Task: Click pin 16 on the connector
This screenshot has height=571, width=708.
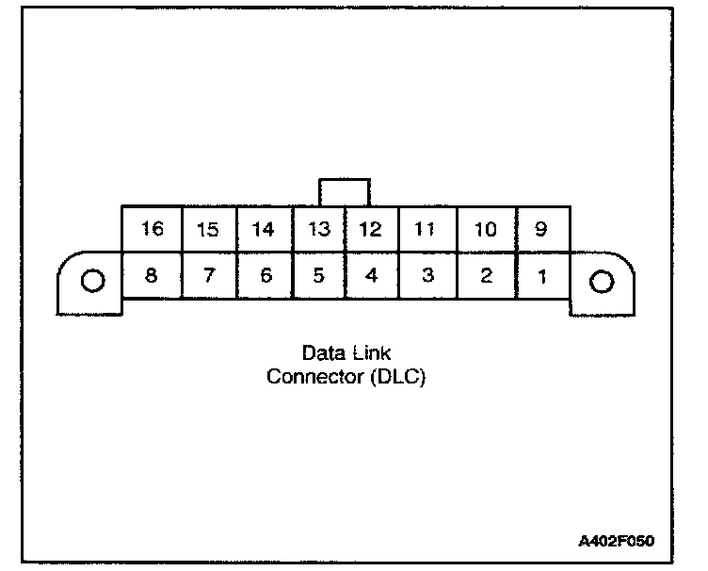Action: click(x=152, y=230)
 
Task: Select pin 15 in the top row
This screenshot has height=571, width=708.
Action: click(x=207, y=230)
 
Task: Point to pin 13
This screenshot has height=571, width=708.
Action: click(x=319, y=230)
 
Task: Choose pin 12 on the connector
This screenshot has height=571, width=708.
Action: click(x=372, y=230)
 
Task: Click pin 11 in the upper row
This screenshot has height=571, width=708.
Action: click(x=428, y=230)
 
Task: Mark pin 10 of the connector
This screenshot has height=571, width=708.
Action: click(x=485, y=230)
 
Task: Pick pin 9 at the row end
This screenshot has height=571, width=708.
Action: click(x=541, y=230)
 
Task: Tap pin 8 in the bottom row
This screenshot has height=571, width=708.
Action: click(x=152, y=275)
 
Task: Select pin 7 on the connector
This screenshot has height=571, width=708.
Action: click(x=207, y=275)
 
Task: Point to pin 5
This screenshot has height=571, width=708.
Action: click(x=319, y=275)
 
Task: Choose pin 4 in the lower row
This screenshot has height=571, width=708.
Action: click(x=372, y=275)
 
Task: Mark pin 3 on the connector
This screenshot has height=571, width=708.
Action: click(x=428, y=275)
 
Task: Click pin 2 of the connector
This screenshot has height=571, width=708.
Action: click(x=485, y=275)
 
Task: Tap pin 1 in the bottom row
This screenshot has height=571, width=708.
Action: click(x=541, y=275)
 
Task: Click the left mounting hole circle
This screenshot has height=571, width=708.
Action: click(x=91, y=281)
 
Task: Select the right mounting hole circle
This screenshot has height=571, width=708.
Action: click(x=601, y=281)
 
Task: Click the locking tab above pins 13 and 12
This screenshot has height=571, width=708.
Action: click(x=345, y=192)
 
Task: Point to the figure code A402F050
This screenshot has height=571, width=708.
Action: click(x=617, y=542)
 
